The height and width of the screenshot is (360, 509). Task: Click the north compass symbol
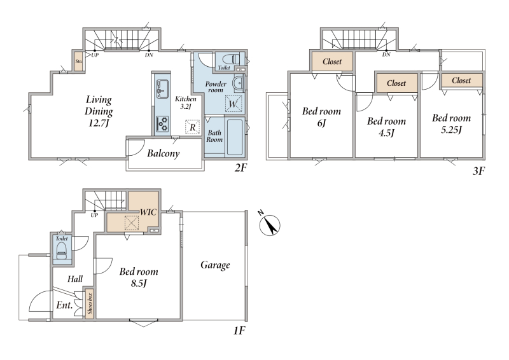269,224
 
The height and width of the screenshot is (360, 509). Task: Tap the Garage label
215,265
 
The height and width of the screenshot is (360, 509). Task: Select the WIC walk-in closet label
148,212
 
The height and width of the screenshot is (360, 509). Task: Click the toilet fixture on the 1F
61,251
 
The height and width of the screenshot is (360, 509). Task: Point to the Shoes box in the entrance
90,303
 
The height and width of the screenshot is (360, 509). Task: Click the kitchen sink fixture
162,88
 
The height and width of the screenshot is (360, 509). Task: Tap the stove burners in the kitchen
162,123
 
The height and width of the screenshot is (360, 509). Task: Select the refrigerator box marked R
193,127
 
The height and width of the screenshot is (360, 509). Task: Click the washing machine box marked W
234,104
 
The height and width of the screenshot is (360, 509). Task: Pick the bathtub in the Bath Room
234,137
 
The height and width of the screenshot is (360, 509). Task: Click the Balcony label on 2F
164,153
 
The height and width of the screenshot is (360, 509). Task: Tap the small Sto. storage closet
78,61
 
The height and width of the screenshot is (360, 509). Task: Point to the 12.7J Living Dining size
99,123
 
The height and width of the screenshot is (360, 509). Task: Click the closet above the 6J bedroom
332,61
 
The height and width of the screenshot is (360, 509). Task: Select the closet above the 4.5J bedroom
396,83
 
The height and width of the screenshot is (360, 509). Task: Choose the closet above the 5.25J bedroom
461,80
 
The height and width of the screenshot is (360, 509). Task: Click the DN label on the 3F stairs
386,55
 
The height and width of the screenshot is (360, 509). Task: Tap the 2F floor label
241,168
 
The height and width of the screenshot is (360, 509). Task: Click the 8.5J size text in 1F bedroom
139,284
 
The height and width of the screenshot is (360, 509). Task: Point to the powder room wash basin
239,83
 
